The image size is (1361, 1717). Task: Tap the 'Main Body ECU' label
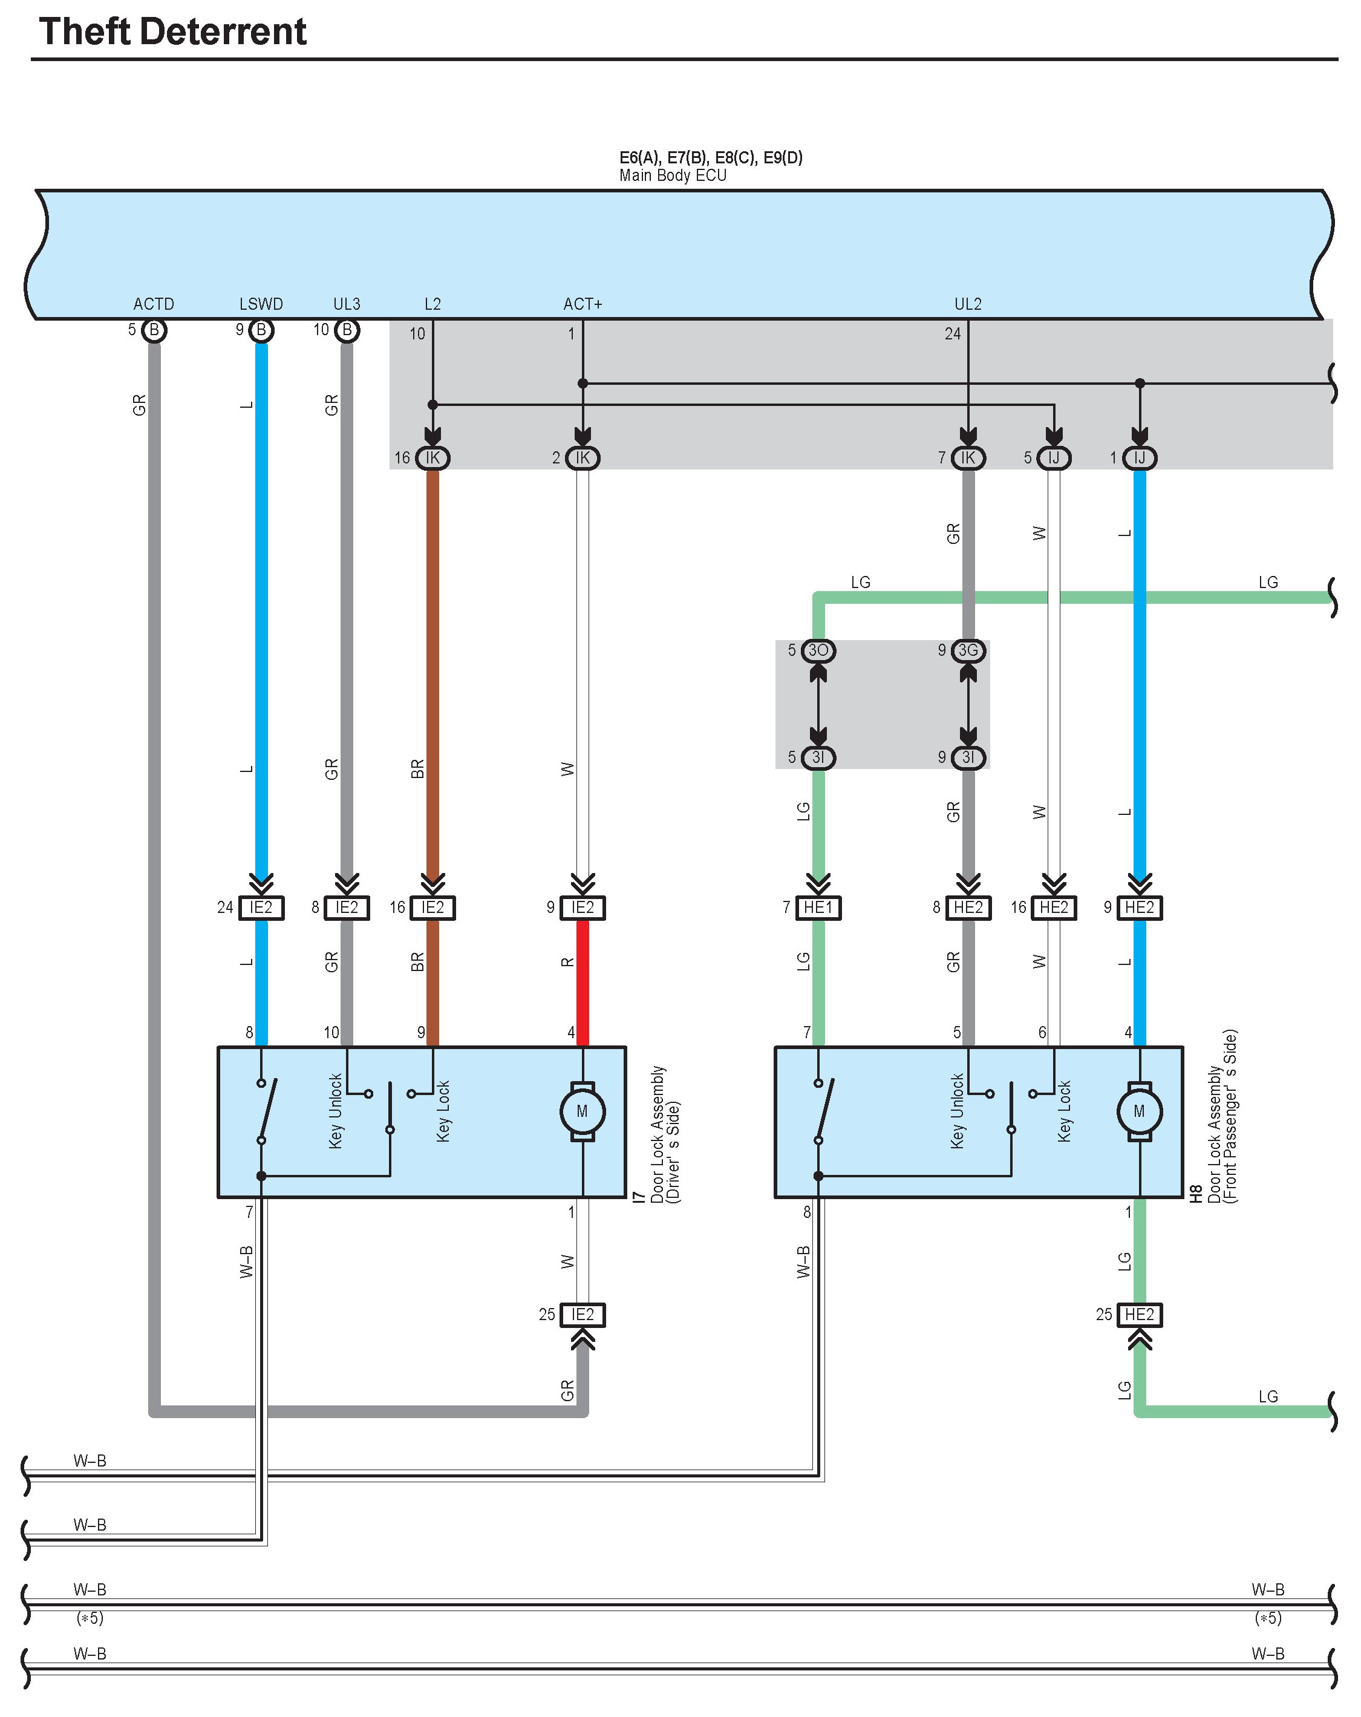pos(672,175)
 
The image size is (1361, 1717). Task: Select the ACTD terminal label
pos(154,304)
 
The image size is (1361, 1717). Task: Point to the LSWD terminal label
pos(261,304)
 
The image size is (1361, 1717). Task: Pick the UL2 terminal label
pos(968,304)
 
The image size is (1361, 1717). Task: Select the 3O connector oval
pos(818,650)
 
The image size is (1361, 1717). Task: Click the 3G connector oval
pos(968,650)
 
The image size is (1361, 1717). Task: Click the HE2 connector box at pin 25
pos(1139,1315)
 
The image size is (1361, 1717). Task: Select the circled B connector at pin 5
pos(154,330)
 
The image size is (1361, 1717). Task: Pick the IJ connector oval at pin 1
pos(1139,458)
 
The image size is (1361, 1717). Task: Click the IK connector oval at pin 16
pos(432,458)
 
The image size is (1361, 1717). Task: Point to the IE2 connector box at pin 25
pos(582,1315)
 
